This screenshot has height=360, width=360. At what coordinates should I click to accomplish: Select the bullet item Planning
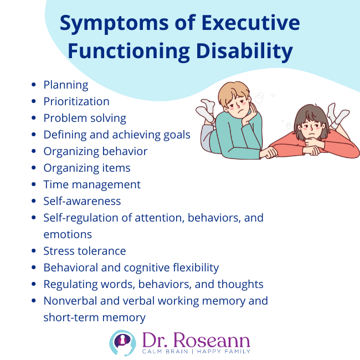pos(66,85)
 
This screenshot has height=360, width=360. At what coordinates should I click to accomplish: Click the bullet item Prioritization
pos(76,101)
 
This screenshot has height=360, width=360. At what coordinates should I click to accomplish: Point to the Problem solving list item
pos(85,118)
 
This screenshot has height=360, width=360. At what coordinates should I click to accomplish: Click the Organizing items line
pos(87,168)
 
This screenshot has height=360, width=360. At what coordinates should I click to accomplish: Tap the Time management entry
pos(92,184)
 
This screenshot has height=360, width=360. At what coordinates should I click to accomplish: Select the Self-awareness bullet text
pos(82,201)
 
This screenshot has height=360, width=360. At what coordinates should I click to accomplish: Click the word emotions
pos(68,234)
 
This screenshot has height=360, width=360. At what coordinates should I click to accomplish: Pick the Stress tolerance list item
pos(85,251)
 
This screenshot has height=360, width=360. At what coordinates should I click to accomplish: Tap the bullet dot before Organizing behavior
pos(34,151)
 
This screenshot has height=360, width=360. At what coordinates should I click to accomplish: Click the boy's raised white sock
pos(206,110)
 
